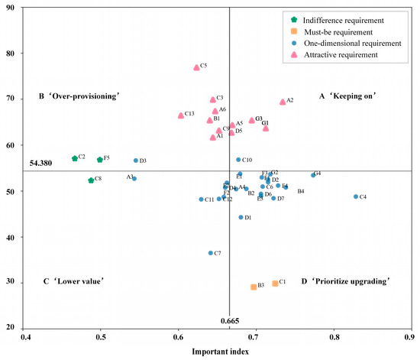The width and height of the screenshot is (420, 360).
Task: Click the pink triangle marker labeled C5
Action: (x=196, y=67)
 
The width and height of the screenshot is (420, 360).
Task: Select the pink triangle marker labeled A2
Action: (x=283, y=102)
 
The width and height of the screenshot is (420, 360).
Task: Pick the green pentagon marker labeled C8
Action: (x=91, y=180)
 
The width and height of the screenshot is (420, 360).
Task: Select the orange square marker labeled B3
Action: (x=254, y=287)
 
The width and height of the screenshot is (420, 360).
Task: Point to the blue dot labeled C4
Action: (x=356, y=196)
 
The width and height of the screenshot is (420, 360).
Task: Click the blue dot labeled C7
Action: (x=211, y=253)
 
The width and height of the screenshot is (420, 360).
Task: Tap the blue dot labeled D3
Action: (x=136, y=161)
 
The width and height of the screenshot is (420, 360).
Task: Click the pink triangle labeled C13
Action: (x=181, y=115)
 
